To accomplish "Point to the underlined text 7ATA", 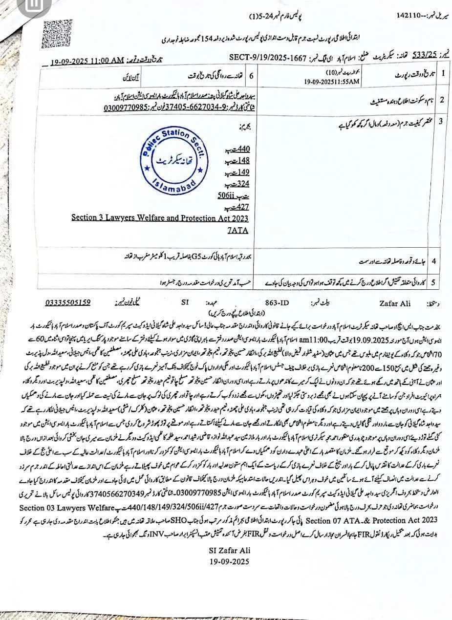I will coord(238,230).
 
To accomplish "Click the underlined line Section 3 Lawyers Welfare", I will coord(159,218).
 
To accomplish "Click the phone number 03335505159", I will coord(68,302).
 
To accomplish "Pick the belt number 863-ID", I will coord(277,303).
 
